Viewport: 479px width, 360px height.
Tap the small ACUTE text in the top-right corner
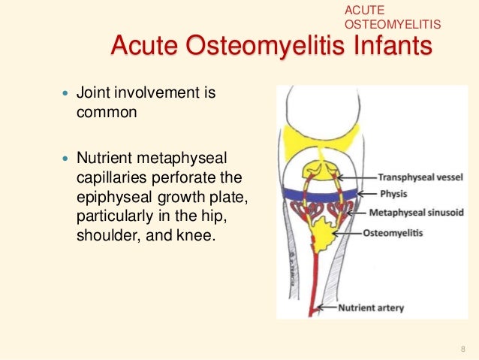coord(364,10)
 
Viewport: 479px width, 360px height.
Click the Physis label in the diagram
coord(381,195)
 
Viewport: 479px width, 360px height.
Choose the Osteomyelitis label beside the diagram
coord(393,233)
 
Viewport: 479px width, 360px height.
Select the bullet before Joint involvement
coord(63,95)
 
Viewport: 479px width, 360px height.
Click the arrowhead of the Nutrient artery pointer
coord(319,307)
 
